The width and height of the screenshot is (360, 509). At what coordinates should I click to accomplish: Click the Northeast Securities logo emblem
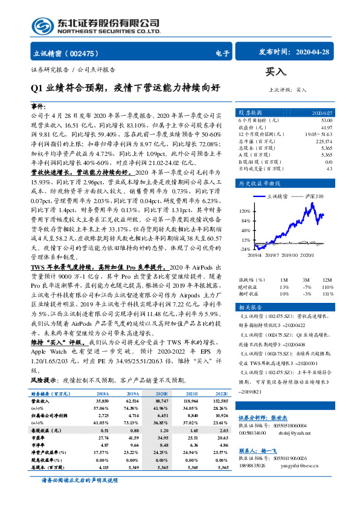coord(41,25)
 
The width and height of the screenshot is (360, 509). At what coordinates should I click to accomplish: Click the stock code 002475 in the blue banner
coord(88,53)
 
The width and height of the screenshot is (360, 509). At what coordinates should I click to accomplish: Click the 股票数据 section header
coord(249,112)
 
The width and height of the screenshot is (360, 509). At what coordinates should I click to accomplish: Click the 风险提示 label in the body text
coord(43,380)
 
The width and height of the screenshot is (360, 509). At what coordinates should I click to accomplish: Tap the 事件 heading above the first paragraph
coord(38,106)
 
